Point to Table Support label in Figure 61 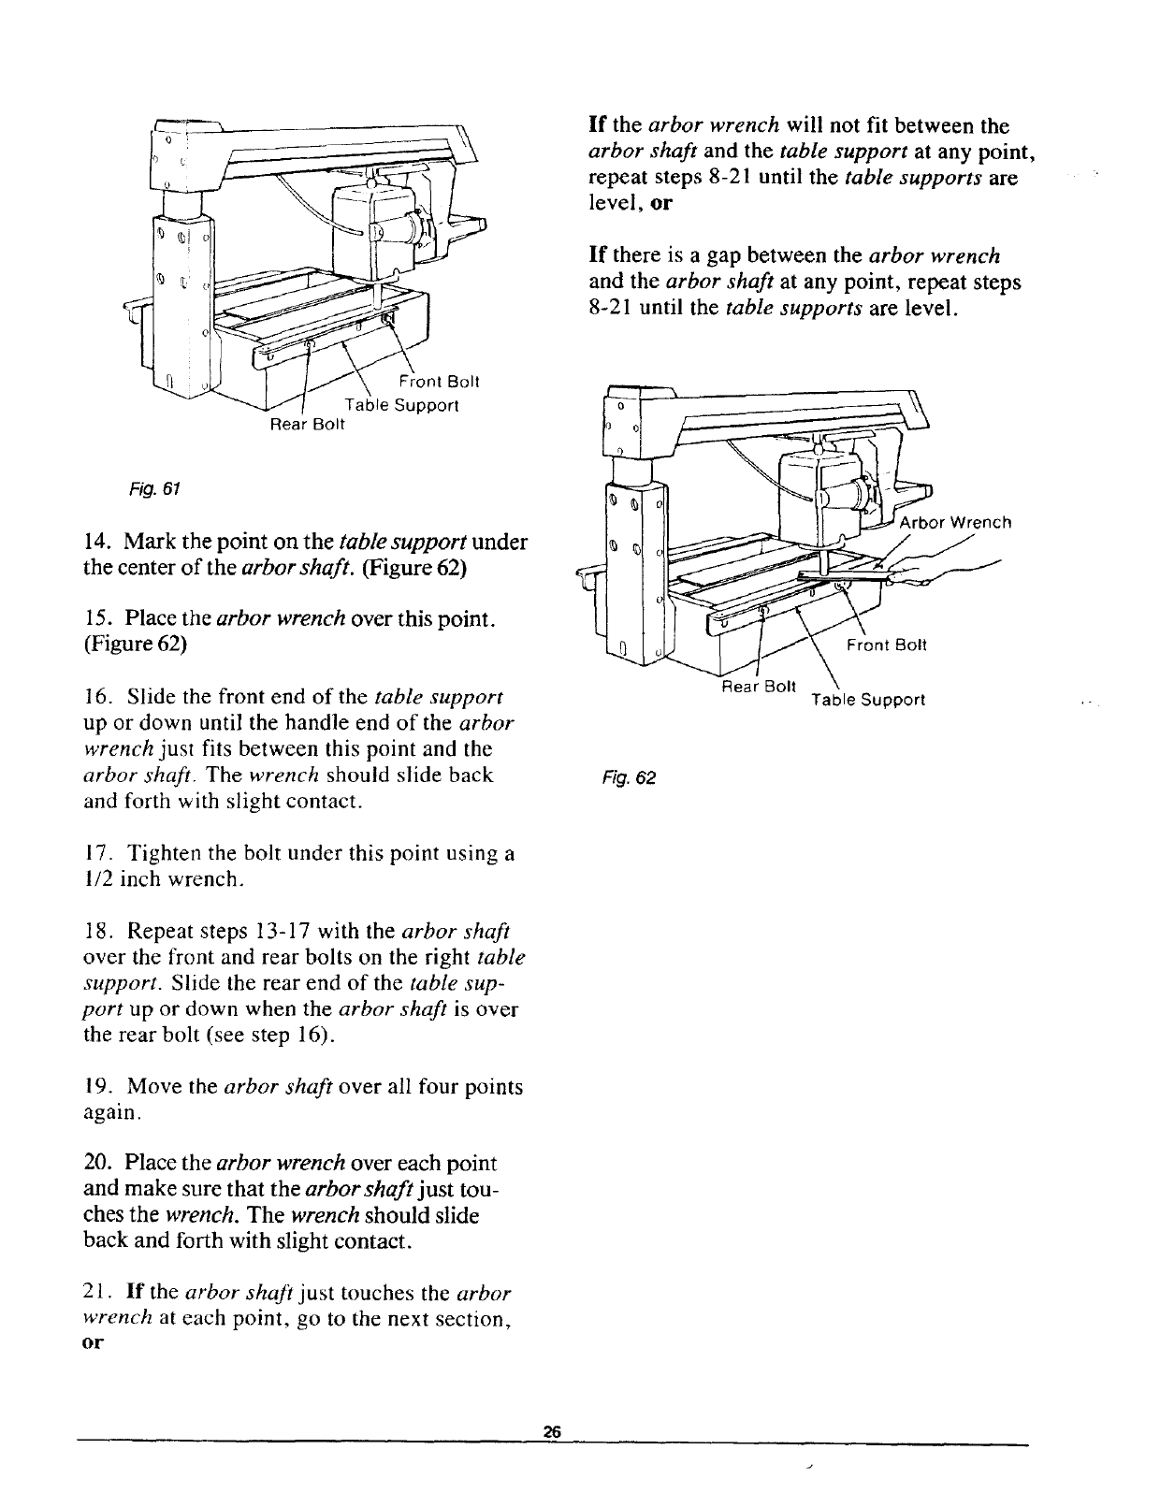click(402, 406)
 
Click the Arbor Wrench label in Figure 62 click(955, 522)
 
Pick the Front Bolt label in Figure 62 click(886, 645)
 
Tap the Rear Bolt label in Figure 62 click(758, 686)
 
